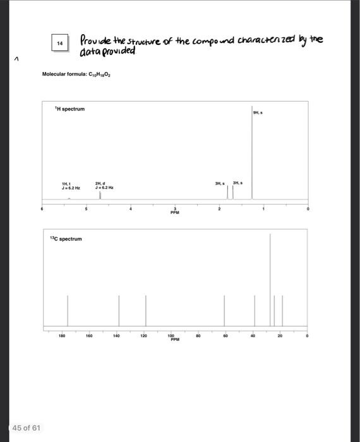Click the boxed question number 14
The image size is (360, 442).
59,43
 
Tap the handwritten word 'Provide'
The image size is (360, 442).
95,40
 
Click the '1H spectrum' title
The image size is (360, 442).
69,109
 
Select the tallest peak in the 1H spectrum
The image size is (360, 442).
252,158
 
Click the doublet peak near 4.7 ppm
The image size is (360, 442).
100,195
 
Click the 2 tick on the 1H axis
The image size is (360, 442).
219,208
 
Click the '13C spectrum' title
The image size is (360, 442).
66,239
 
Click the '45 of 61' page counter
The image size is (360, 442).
27,427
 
